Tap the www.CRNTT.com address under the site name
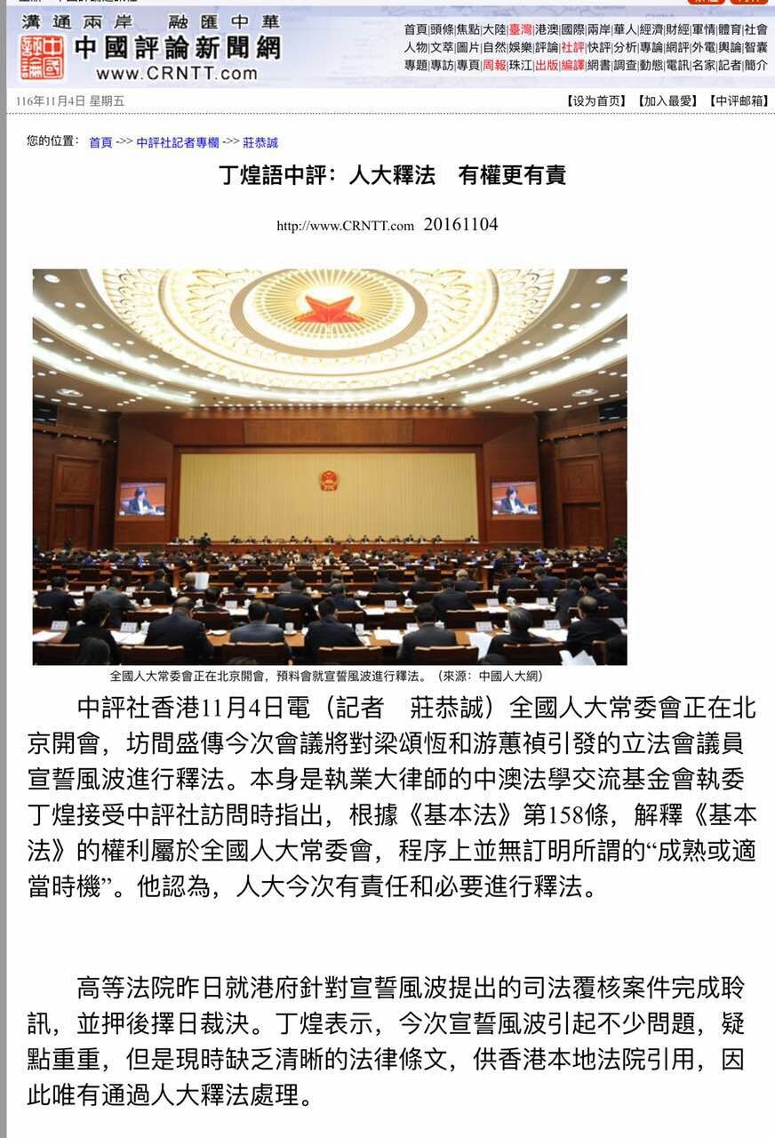pos(177,74)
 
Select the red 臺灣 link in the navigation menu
pos(520,29)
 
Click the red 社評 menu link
pos(572,47)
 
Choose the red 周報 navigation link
pos(494,65)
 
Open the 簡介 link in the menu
pos(756,65)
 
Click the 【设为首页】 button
pos(596,100)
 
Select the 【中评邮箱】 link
pos(738,100)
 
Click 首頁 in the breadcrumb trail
pos(100,142)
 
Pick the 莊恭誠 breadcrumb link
pos(260,142)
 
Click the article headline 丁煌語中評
pos(392,175)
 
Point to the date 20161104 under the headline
pos(460,225)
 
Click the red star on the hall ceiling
pos(329,311)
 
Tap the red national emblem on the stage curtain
pos(329,480)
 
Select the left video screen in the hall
pos(142,500)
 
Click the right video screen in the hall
pos(514,499)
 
